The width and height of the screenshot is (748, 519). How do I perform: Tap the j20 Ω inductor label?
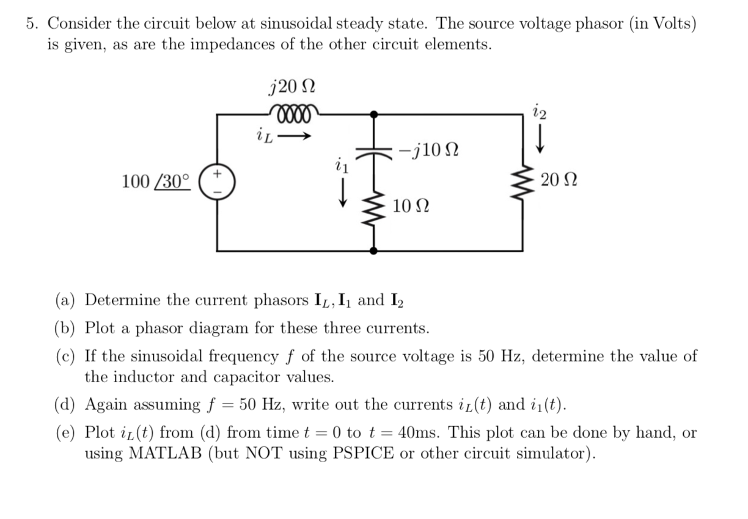tap(292, 86)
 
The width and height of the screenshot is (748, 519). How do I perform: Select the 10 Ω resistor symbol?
tap(373, 208)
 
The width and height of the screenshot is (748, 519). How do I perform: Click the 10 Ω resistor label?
tap(411, 206)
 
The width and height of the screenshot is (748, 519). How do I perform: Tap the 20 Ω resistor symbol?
tap(522, 181)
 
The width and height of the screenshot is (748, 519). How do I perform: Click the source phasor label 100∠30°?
tap(156, 181)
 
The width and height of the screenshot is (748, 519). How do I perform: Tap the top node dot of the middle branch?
tap(373, 113)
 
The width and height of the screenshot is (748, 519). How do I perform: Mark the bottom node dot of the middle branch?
tap(373, 250)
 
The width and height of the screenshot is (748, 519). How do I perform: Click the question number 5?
tap(32, 23)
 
